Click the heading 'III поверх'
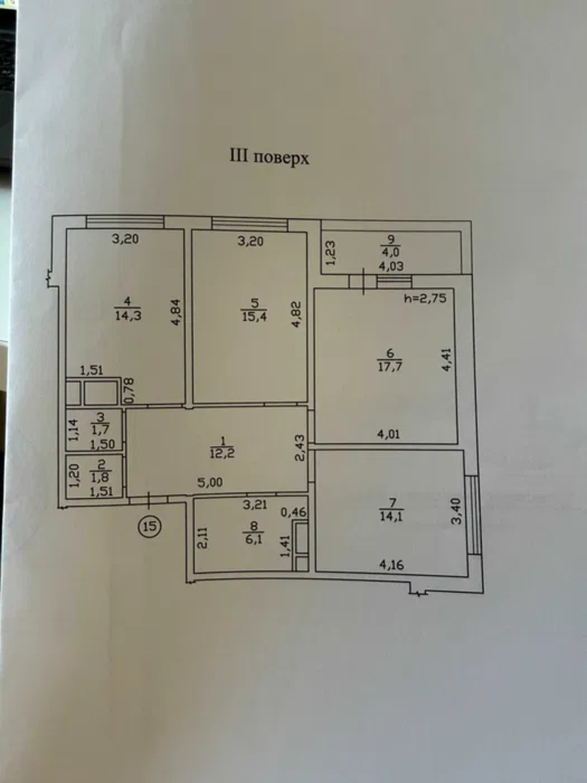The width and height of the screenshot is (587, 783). click(x=269, y=158)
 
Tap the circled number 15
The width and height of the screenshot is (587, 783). click(x=150, y=526)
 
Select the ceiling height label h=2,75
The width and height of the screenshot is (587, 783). click(x=425, y=298)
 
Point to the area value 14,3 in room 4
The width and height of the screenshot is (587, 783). click(x=128, y=315)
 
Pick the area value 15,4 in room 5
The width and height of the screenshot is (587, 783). click(x=254, y=316)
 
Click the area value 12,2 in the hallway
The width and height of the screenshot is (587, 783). click(x=222, y=453)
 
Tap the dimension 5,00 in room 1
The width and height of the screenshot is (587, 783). click(x=210, y=482)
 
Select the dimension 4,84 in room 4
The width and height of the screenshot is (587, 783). click(x=177, y=312)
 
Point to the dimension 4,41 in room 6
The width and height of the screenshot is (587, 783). click(x=447, y=360)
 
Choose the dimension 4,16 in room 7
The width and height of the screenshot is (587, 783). click(x=391, y=565)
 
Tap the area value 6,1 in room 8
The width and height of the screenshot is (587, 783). click(x=254, y=539)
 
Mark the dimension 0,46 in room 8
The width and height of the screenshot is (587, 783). click(x=293, y=512)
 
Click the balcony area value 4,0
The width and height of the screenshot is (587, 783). click(x=391, y=253)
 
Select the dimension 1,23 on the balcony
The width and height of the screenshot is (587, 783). click(x=331, y=253)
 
